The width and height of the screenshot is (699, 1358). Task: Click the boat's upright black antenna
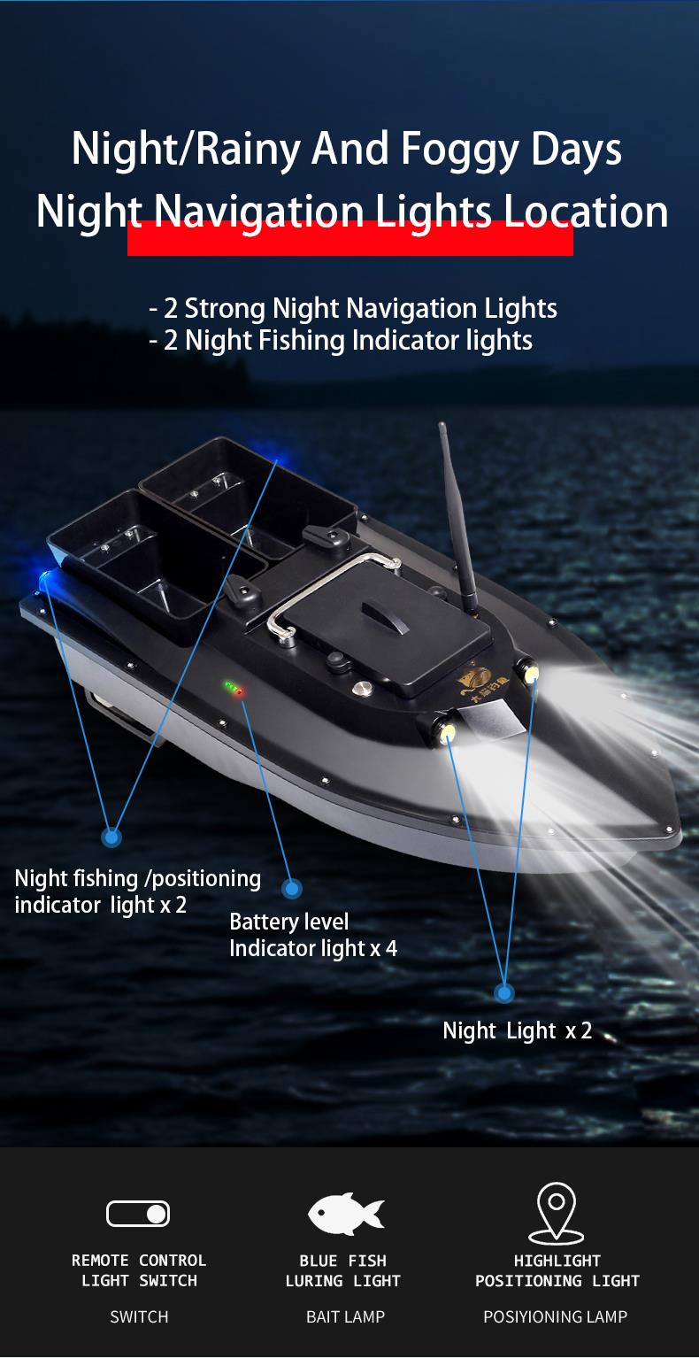[457, 521]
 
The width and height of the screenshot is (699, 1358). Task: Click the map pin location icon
[556, 1214]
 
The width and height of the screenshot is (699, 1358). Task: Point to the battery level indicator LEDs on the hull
[234, 688]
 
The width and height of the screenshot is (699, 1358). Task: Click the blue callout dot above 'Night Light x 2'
[503, 993]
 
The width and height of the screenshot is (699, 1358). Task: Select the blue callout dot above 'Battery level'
[292, 889]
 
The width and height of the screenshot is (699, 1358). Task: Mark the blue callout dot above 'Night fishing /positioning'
[111, 837]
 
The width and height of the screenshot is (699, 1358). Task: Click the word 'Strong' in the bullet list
[225, 309]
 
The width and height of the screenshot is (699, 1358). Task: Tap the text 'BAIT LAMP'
[345, 1316]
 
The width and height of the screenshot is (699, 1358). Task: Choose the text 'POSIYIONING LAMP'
[555, 1316]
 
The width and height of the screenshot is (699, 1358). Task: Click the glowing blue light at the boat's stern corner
[45, 580]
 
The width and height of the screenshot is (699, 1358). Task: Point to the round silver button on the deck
[362, 688]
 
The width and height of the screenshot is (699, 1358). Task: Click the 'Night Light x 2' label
[518, 1030]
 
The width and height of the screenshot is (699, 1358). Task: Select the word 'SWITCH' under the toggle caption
[139, 1316]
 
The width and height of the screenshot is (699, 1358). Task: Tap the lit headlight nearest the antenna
[529, 672]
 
